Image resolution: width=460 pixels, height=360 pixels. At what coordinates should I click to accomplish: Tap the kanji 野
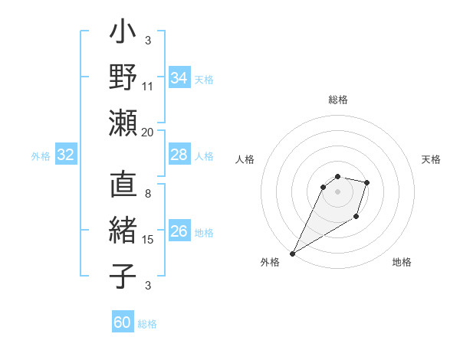[123, 77]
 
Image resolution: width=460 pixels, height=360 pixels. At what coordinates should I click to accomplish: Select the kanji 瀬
[123, 123]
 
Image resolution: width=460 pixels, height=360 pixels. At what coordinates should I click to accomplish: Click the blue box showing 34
[179, 78]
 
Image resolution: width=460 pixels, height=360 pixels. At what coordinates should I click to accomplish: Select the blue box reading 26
[179, 232]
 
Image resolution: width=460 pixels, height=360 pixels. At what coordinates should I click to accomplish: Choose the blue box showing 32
[65, 155]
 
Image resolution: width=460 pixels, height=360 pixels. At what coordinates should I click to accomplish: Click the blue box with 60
[123, 323]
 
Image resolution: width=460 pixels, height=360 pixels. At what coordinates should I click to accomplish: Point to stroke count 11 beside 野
[148, 87]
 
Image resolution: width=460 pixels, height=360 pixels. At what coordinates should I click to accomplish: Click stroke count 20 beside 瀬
[148, 132]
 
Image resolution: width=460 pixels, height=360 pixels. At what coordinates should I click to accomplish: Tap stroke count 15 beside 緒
[148, 240]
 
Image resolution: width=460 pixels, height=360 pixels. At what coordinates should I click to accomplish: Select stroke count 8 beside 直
[148, 195]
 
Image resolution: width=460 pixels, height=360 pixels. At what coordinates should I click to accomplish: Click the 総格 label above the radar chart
[338, 100]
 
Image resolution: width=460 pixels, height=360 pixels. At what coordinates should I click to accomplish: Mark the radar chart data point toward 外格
[292, 253]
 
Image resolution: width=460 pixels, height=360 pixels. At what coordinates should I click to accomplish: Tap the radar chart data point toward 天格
[367, 182]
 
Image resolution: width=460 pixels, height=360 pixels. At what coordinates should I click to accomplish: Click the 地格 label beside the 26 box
[204, 233]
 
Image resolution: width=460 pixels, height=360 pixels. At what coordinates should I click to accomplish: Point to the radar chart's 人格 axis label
[245, 159]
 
